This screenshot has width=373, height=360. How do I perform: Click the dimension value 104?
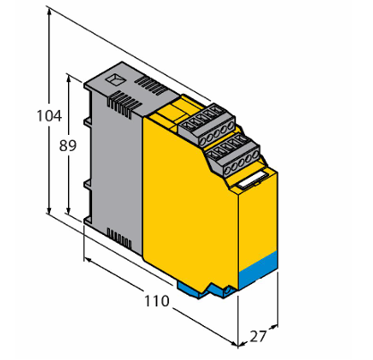[49, 115]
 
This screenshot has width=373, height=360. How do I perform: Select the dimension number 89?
[68, 146]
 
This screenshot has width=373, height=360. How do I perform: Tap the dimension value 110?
[157, 301]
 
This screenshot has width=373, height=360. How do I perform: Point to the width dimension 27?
[258, 337]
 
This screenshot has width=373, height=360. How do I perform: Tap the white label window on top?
[253, 180]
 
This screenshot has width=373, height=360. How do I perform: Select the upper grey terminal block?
[207, 124]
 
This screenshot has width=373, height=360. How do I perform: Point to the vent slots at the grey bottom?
[119, 238]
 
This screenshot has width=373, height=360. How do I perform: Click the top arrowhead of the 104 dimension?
[49, 11]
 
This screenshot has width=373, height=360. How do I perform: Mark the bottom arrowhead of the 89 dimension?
[69, 211]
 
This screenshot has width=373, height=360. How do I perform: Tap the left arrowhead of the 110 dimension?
[88, 261]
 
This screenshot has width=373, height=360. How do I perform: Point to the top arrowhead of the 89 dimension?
[69, 79]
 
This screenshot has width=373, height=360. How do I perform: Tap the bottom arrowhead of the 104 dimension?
[49, 209]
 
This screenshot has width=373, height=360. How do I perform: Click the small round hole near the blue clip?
[228, 290]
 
